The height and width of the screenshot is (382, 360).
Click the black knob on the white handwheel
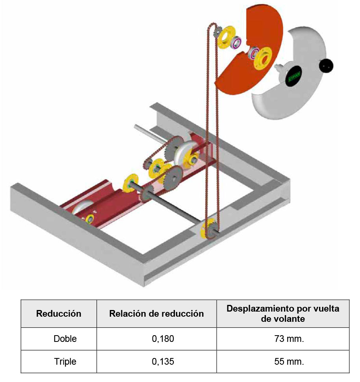pos(326,66)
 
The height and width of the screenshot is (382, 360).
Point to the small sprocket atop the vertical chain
pos(216,36)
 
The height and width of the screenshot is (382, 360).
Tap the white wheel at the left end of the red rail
pos(81,208)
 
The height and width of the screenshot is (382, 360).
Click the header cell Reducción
pos(59,314)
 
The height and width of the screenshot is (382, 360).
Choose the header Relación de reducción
pos(156,314)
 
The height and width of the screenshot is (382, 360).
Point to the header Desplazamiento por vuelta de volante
pos(282,313)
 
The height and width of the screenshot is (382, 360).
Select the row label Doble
pos(65,339)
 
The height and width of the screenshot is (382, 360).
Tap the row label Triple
pos(65,361)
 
